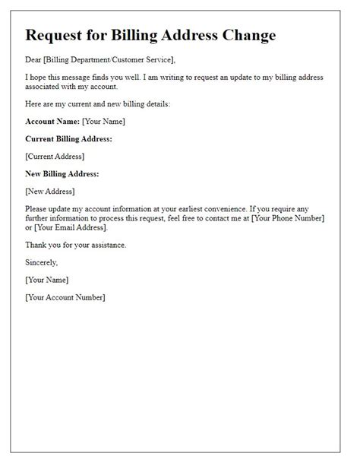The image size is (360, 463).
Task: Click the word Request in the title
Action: coord(56,36)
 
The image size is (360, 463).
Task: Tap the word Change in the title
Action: coord(245,36)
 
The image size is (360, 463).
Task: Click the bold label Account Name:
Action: coord(52,122)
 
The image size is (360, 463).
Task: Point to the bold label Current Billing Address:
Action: coord(68,139)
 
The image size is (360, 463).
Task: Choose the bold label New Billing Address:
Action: coord(62,174)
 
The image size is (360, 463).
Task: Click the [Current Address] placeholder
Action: coord(55,157)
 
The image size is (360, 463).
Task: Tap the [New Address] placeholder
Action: coord(50,192)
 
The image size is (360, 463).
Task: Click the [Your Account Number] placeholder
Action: coord(65,297)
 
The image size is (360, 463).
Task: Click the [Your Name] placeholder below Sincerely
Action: coord(46,280)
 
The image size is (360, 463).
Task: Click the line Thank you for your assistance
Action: coord(76,245)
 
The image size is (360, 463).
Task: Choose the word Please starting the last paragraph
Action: coord(39,209)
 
